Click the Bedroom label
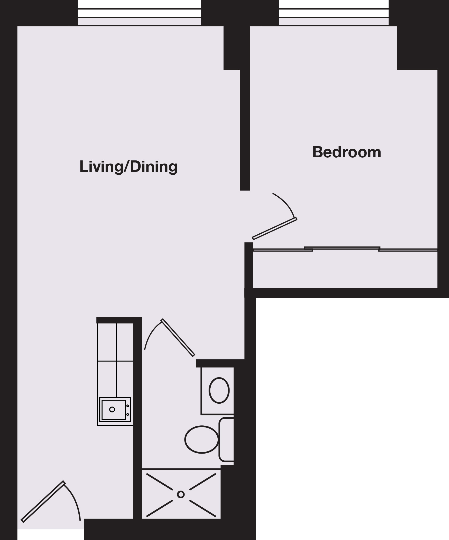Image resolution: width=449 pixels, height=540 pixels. click(x=347, y=152)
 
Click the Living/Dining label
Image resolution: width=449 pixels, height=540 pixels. click(x=128, y=167)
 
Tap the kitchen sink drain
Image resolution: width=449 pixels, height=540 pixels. click(x=112, y=409)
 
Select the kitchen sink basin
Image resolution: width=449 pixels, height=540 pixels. click(x=114, y=410)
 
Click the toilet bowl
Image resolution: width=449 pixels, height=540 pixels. click(x=202, y=439)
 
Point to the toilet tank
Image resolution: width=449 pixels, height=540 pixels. click(x=226, y=439)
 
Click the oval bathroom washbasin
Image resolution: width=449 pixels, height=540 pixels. click(x=219, y=390)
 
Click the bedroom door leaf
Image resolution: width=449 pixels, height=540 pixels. click(x=275, y=228)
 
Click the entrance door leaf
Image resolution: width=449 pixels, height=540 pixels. click(x=43, y=501)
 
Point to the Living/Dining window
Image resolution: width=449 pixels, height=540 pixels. click(x=139, y=17)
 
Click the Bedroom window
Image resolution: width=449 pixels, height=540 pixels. click(x=334, y=17)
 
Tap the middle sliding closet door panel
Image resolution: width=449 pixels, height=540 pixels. click(x=342, y=248)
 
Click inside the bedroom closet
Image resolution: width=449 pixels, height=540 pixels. click(x=345, y=270)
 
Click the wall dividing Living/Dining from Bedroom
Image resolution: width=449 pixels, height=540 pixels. click(x=245, y=130)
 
